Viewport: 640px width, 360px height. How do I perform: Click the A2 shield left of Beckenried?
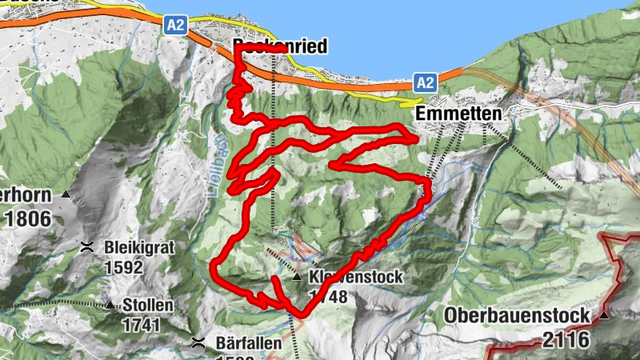[x=176, y=25]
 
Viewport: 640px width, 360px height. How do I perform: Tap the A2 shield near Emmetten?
[x=425, y=82]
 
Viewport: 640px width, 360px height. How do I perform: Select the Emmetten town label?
[x=458, y=114]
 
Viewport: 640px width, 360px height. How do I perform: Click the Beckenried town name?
[x=280, y=46]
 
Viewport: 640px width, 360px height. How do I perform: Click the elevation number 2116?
[x=566, y=339]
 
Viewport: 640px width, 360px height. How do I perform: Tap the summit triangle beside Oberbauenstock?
[x=605, y=315]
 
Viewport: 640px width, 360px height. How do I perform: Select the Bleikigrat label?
[x=139, y=246]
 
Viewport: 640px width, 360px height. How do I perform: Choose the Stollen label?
[x=147, y=305]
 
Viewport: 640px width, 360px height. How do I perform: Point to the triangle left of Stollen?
[x=110, y=305]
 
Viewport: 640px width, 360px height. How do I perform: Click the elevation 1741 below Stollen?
[x=141, y=325]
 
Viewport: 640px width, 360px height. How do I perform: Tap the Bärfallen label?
[x=248, y=343]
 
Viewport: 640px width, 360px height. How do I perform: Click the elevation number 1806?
[x=26, y=218]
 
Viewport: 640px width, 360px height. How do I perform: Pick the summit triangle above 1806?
[x=67, y=195]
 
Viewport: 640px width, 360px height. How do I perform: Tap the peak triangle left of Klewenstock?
[x=297, y=278]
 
